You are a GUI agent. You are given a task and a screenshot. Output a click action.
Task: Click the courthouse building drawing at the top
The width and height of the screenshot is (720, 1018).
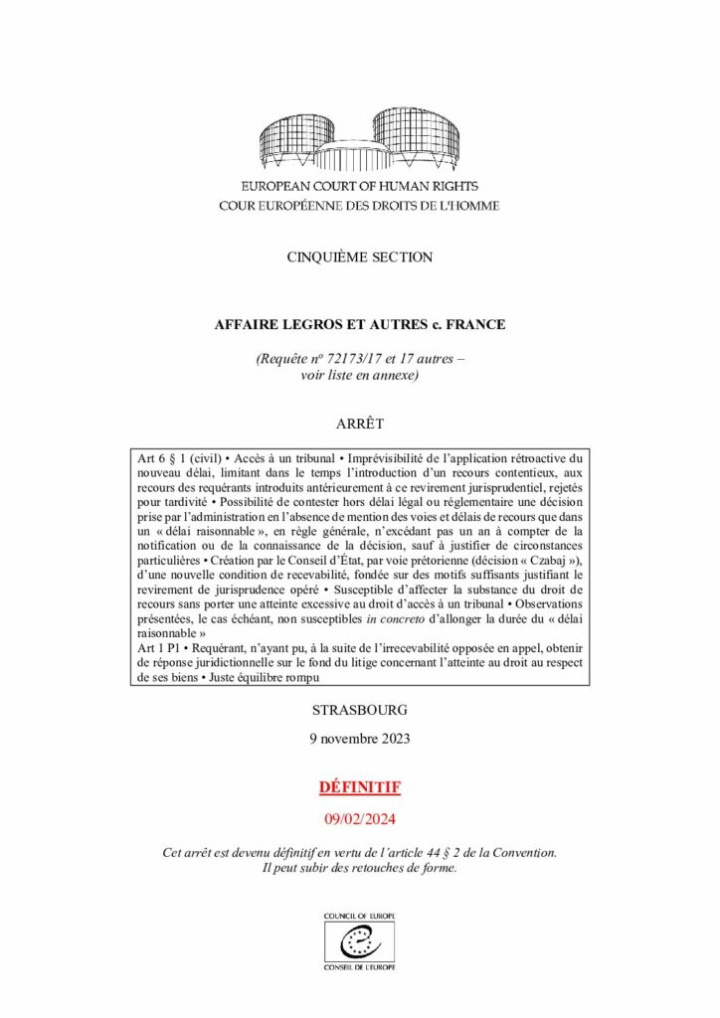pyautogui.click(x=360, y=140)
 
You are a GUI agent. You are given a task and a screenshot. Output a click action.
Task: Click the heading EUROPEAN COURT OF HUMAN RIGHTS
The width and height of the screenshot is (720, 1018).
pyautogui.click(x=360, y=187)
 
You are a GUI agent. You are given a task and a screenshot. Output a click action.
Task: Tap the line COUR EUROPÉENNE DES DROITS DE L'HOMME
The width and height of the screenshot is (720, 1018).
pyautogui.click(x=360, y=206)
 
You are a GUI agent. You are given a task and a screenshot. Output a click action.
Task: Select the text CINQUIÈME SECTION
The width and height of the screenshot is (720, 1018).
pyautogui.click(x=360, y=257)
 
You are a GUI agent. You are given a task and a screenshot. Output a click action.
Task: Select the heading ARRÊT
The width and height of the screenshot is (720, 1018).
pyautogui.click(x=360, y=422)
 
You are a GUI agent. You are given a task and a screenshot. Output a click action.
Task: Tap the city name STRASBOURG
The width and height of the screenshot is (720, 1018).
pyautogui.click(x=360, y=711)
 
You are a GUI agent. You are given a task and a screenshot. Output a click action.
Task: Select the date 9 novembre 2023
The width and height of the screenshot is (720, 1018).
pyautogui.click(x=360, y=739)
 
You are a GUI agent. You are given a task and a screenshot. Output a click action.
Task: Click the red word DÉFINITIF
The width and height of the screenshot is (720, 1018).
pyautogui.click(x=360, y=787)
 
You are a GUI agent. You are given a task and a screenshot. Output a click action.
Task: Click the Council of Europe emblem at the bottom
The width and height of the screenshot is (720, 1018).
pyautogui.click(x=360, y=940)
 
